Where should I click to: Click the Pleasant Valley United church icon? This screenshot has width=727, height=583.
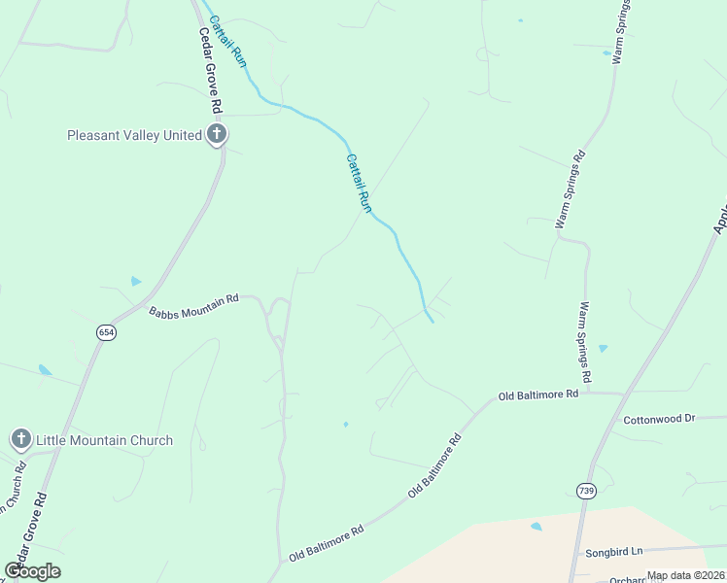point(216,135)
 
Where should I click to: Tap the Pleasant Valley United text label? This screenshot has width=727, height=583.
point(134,136)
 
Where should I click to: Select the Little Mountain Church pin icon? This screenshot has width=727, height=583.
point(20,440)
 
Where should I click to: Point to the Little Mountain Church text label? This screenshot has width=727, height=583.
point(104,440)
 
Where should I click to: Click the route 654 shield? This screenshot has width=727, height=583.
point(106,332)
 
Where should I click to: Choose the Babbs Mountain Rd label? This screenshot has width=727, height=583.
point(193,306)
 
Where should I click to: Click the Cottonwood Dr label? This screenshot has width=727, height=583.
point(659,419)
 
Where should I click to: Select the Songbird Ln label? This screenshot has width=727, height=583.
point(614,552)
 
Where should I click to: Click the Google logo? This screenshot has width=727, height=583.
point(32,571)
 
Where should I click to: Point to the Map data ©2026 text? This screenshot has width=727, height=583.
point(686,575)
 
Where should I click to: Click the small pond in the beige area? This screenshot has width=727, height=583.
point(537,527)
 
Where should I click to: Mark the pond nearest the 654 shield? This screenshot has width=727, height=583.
point(136,282)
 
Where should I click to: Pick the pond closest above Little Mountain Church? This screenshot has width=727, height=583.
point(45,370)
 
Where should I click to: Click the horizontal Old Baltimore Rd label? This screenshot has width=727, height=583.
point(538,395)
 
